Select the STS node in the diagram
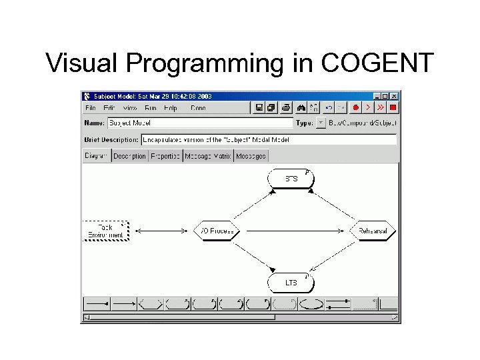(291, 179)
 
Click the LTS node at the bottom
(291, 283)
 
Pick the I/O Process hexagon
(216, 231)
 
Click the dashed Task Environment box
(105, 231)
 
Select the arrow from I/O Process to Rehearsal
(294, 231)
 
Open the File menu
(90, 107)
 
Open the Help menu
(171, 107)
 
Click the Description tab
(129, 156)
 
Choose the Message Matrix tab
(208, 156)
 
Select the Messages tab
(251, 156)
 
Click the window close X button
(394, 96)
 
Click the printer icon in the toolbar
(285, 107)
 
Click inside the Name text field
(199, 123)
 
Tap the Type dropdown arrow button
(321, 123)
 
